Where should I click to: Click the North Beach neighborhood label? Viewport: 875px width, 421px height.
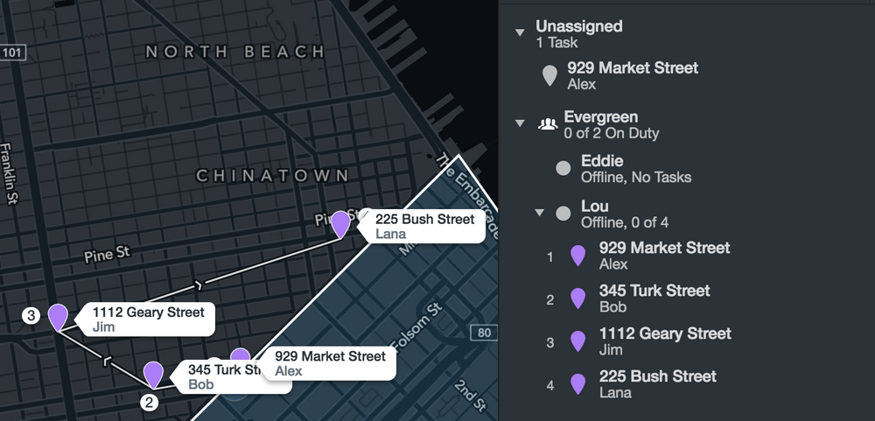tap(234, 52)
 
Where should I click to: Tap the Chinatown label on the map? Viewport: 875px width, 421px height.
tap(272, 176)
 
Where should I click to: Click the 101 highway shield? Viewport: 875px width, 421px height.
tap(11, 53)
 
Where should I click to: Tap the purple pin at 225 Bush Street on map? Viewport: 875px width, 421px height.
tap(341, 223)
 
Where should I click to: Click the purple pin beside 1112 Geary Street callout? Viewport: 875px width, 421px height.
tap(58, 317)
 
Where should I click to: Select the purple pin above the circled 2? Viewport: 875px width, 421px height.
tap(154, 374)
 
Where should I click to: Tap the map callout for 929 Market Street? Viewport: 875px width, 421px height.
tap(329, 363)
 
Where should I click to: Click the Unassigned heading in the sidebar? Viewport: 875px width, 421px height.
tap(579, 26)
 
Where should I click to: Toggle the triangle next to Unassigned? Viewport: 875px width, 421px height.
tap(521, 32)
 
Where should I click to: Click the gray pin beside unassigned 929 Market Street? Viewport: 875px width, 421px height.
tap(549, 75)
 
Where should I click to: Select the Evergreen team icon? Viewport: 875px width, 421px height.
tap(548, 123)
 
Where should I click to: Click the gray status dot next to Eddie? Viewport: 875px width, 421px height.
tap(563, 168)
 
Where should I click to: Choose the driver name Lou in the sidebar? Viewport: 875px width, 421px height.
tap(594, 207)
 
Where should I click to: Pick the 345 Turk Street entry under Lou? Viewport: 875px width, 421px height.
tap(654, 291)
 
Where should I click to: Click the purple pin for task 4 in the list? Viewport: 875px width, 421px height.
tap(577, 383)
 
